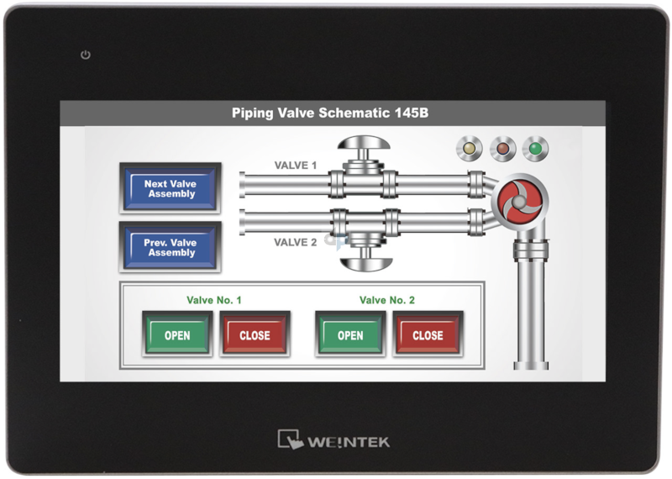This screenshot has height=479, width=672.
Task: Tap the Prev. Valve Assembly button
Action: [x=171, y=247]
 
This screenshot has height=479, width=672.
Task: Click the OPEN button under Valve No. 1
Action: [x=177, y=334]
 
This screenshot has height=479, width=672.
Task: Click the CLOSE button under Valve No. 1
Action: [x=255, y=334]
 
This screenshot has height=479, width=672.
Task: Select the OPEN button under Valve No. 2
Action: [x=350, y=334]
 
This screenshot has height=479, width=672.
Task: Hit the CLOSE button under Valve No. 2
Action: [x=428, y=334]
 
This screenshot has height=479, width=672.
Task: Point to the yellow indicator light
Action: [x=467, y=150]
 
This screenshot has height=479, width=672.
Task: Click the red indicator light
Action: [x=501, y=150]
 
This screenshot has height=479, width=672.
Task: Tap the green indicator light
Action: [x=534, y=150]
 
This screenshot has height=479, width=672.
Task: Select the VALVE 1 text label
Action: [x=296, y=166]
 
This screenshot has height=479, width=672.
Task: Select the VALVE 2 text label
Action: [x=296, y=242]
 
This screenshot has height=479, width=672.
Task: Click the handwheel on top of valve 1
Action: [x=362, y=144]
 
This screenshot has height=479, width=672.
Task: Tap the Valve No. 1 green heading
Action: [x=213, y=300]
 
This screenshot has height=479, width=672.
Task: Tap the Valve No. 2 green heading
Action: [x=386, y=300]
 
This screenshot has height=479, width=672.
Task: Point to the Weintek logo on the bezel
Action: [x=334, y=440]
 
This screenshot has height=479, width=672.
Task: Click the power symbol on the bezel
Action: [x=85, y=55]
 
